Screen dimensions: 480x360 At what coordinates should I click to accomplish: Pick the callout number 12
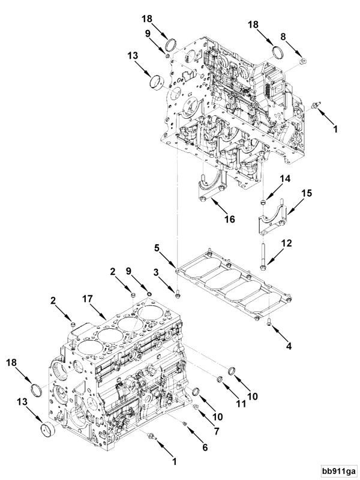click(286, 242)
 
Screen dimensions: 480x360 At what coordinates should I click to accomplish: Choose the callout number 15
click(306, 194)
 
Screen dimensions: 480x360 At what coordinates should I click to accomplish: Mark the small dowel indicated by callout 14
click(263, 198)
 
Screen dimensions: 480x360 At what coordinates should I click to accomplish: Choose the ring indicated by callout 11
click(220, 379)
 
